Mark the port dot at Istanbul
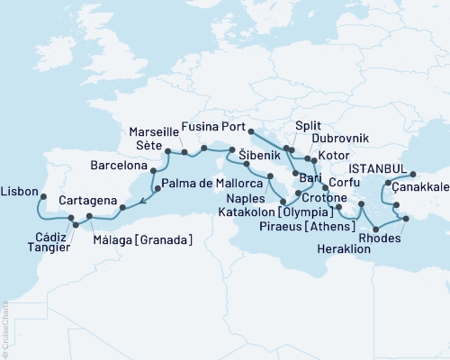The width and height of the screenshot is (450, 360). (x=413, y=175)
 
